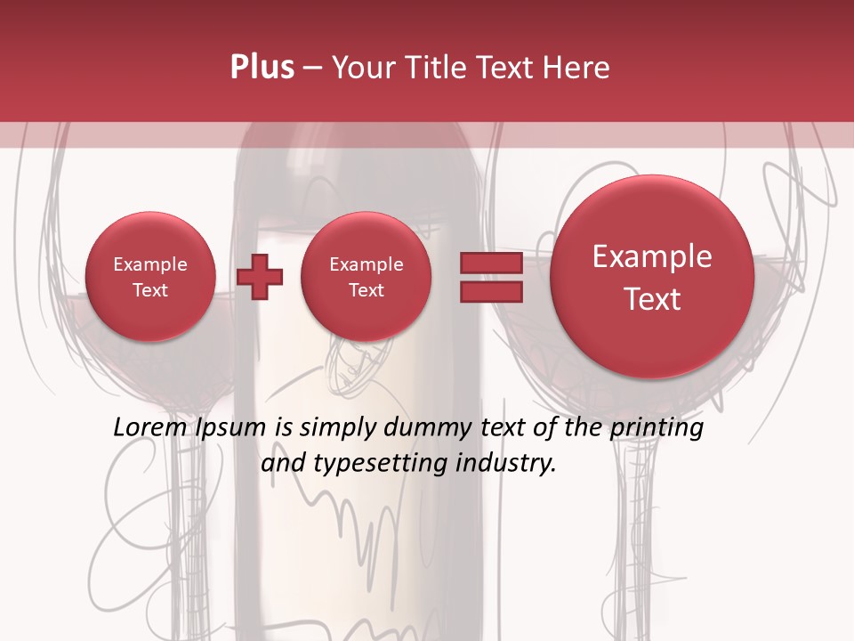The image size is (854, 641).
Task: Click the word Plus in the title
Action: click(262, 68)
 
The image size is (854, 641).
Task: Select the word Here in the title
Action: click(577, 68)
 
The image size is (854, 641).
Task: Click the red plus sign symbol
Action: click(260, 276)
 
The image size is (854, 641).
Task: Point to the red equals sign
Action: click(491, 277)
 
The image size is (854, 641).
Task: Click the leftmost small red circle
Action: click(149, 277)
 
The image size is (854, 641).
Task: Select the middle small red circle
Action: click(366, 277)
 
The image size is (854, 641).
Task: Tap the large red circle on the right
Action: click(652, 277)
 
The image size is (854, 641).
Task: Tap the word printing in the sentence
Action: click(656, 428)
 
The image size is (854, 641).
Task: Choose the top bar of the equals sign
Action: click(491, 263)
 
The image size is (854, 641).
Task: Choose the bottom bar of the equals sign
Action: click(491, 291)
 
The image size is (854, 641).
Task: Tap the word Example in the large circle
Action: click(652, 256)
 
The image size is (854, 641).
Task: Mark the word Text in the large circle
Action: click(652, 299)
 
